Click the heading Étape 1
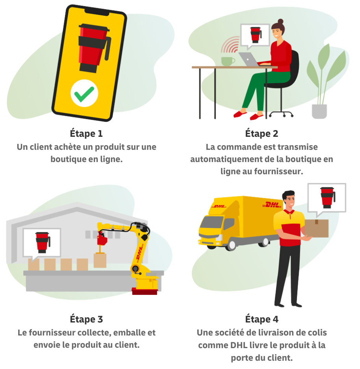click(86, 133)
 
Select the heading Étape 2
click(262, 133)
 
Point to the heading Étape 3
click(86, 319)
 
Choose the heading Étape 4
click(262, 319)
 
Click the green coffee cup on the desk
click(227, 61)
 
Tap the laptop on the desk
click(249, 59)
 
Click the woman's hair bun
click(280, 22)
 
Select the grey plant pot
click(319, 111)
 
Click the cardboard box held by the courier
click(317, 228)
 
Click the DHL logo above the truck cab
click(219, 207)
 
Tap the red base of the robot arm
click(145, 291)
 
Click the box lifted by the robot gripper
click(100, 260)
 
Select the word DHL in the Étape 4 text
click(239, 345)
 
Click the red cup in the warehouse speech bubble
click(42, 242)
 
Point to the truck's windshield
click(211, 222)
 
